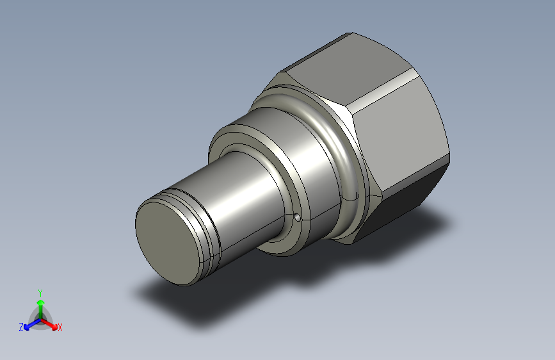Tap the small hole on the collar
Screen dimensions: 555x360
point(298,218)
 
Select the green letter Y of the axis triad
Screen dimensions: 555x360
point(40,293)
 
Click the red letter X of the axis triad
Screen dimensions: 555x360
point(60,327)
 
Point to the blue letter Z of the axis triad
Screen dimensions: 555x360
point(21,327)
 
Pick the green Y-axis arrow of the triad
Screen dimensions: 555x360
point(41,309)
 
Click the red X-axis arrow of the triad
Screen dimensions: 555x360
point(49,324)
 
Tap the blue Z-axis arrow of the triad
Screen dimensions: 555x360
point(32,324)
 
